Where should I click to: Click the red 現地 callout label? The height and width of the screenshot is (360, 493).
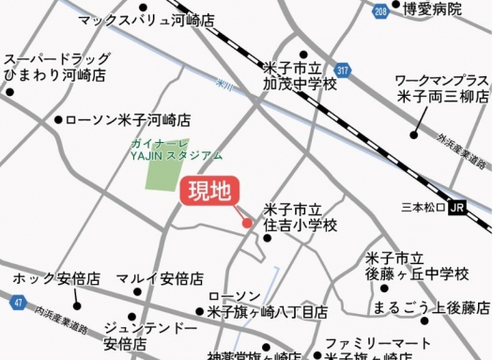[x=209, y=194]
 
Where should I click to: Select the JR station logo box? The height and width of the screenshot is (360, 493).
[x=457, y=206]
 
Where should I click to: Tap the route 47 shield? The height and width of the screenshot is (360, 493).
[x=18, y=302]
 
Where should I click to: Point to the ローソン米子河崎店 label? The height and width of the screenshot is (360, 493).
[x=129, y=120]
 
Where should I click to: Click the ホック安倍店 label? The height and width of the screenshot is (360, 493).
[x=56, y=279]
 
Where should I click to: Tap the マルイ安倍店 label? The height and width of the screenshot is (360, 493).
[x=161, y=279]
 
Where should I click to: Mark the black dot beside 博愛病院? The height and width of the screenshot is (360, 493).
[x=396, y=8]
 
